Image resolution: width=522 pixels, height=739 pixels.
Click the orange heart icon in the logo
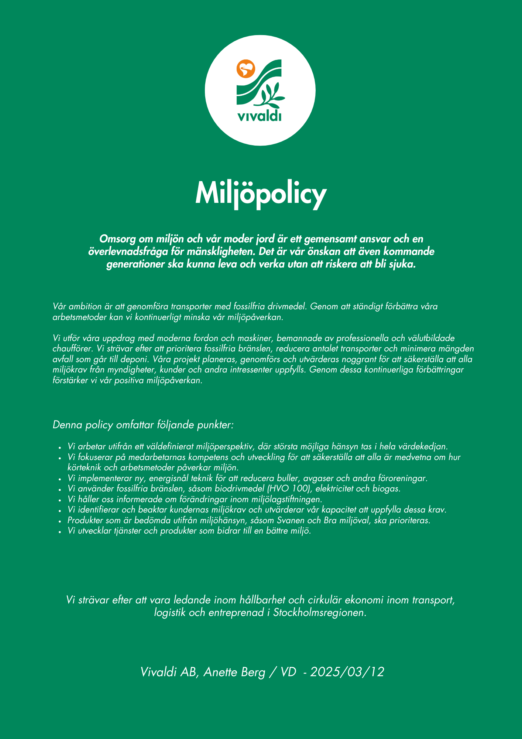246,69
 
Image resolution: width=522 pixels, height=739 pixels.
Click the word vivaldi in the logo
259,116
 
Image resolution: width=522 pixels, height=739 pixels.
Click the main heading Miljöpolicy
261,194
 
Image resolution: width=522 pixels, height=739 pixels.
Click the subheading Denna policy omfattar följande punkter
143,425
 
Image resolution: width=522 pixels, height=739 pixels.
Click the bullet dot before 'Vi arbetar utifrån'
59,447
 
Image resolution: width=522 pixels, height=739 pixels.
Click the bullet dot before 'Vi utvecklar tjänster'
59,532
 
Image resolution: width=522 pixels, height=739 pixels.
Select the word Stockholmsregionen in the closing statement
320,613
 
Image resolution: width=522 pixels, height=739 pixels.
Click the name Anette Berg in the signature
234,672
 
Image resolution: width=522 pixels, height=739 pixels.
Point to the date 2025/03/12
347,672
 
